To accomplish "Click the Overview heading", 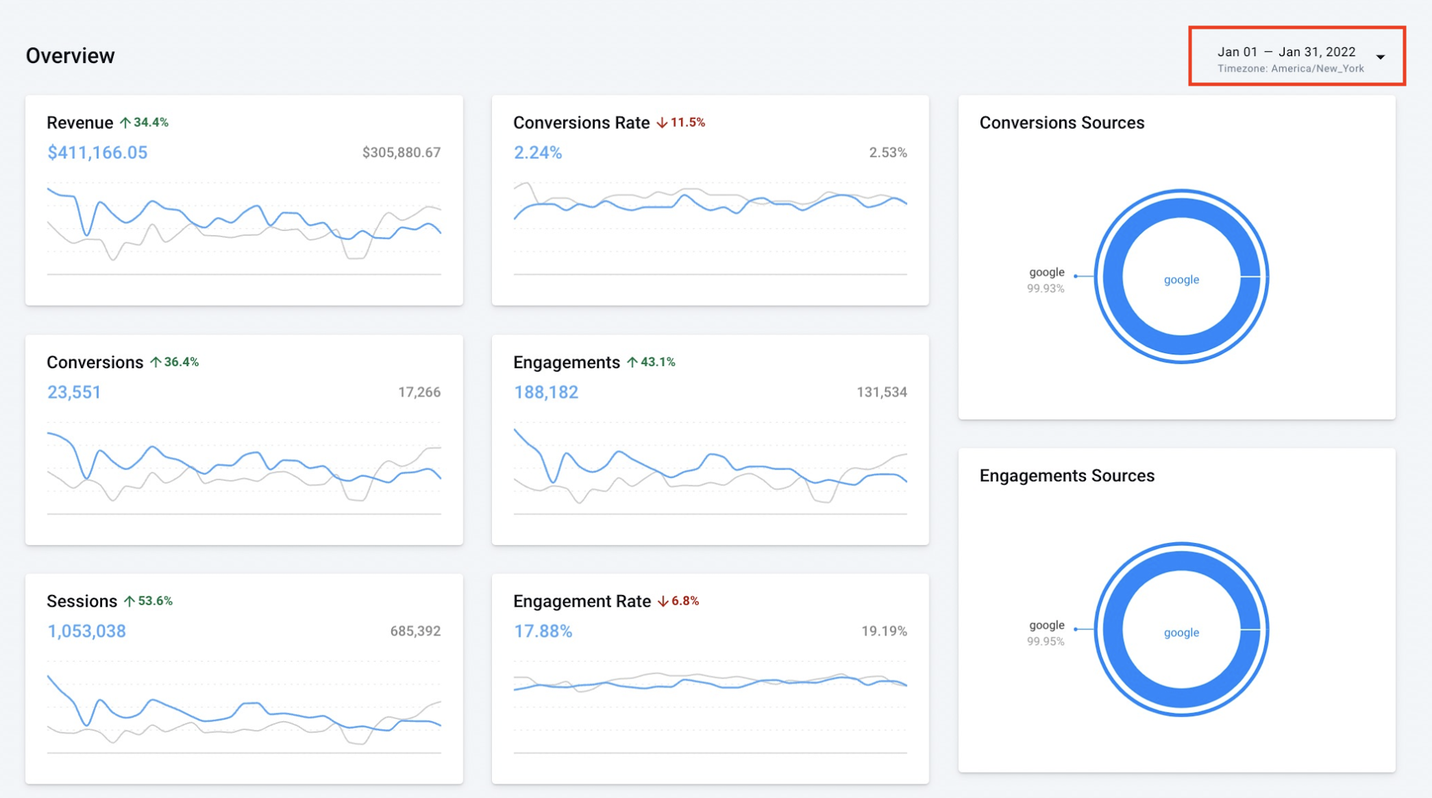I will click(70, 56).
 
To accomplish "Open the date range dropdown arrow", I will click(1381, 57).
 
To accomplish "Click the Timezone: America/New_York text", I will click(1290, 69).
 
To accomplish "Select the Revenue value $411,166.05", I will click(97, 153).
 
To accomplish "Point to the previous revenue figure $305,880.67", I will click(401, 153).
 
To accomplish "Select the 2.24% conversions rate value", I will click(538, 153).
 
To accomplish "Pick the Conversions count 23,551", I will click(74, 392).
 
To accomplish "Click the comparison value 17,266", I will click(419, 392).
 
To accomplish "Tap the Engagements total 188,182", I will click(546, 392).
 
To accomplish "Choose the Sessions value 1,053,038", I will click(86, 631).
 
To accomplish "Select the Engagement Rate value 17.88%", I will click(543, 631).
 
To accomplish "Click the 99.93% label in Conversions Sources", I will click(1045, 289).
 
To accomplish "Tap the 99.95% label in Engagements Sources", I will click(1045, 642).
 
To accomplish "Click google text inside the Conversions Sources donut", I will click(1181, 280).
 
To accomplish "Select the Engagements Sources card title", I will click(1067, 476).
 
